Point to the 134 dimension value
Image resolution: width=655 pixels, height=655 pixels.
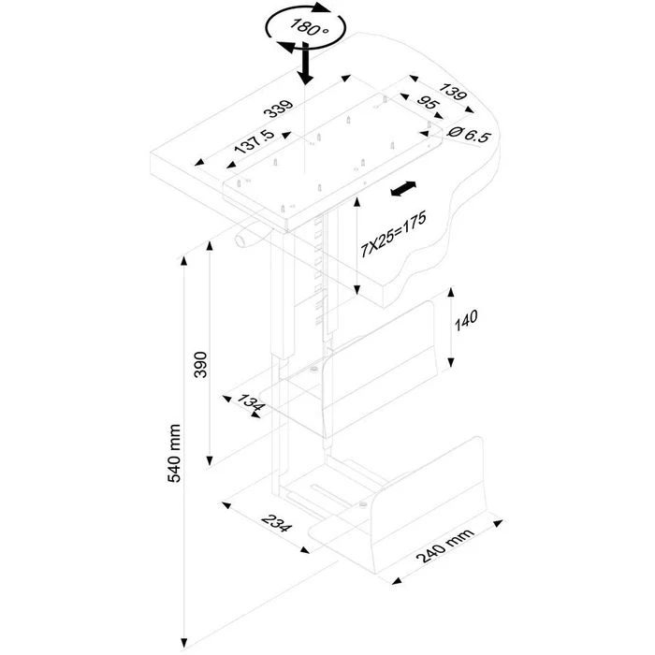[252, 405]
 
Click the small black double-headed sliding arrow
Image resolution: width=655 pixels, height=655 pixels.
[403, 190]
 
